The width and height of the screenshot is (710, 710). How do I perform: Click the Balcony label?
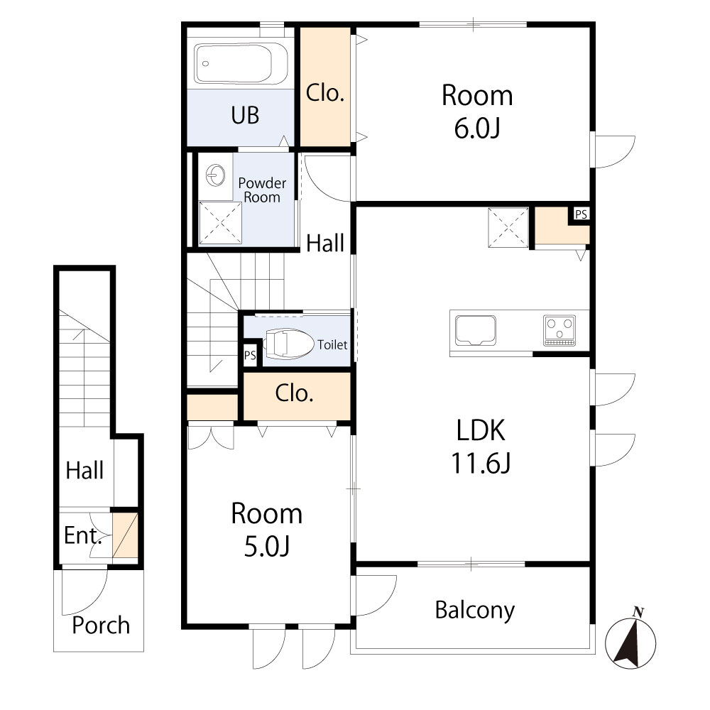click(474, 610)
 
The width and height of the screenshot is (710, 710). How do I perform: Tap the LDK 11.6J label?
click(481, 447)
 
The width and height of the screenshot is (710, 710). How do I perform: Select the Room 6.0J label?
click(476, 112)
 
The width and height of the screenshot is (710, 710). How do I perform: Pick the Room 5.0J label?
click(266, 530)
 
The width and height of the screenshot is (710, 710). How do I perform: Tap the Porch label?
click(102, 626)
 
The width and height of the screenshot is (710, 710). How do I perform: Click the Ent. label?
click(82, 535)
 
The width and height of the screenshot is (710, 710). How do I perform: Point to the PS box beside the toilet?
click(250, 356)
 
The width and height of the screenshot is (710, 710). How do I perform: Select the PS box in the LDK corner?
click(581, 214)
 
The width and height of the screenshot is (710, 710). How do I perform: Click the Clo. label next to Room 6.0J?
click(325, 92)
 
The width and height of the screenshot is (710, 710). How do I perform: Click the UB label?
click(245, 115)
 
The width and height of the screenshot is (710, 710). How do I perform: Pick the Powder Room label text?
click(262, 190)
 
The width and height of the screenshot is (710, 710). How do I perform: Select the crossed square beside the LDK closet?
click(508, 228)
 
